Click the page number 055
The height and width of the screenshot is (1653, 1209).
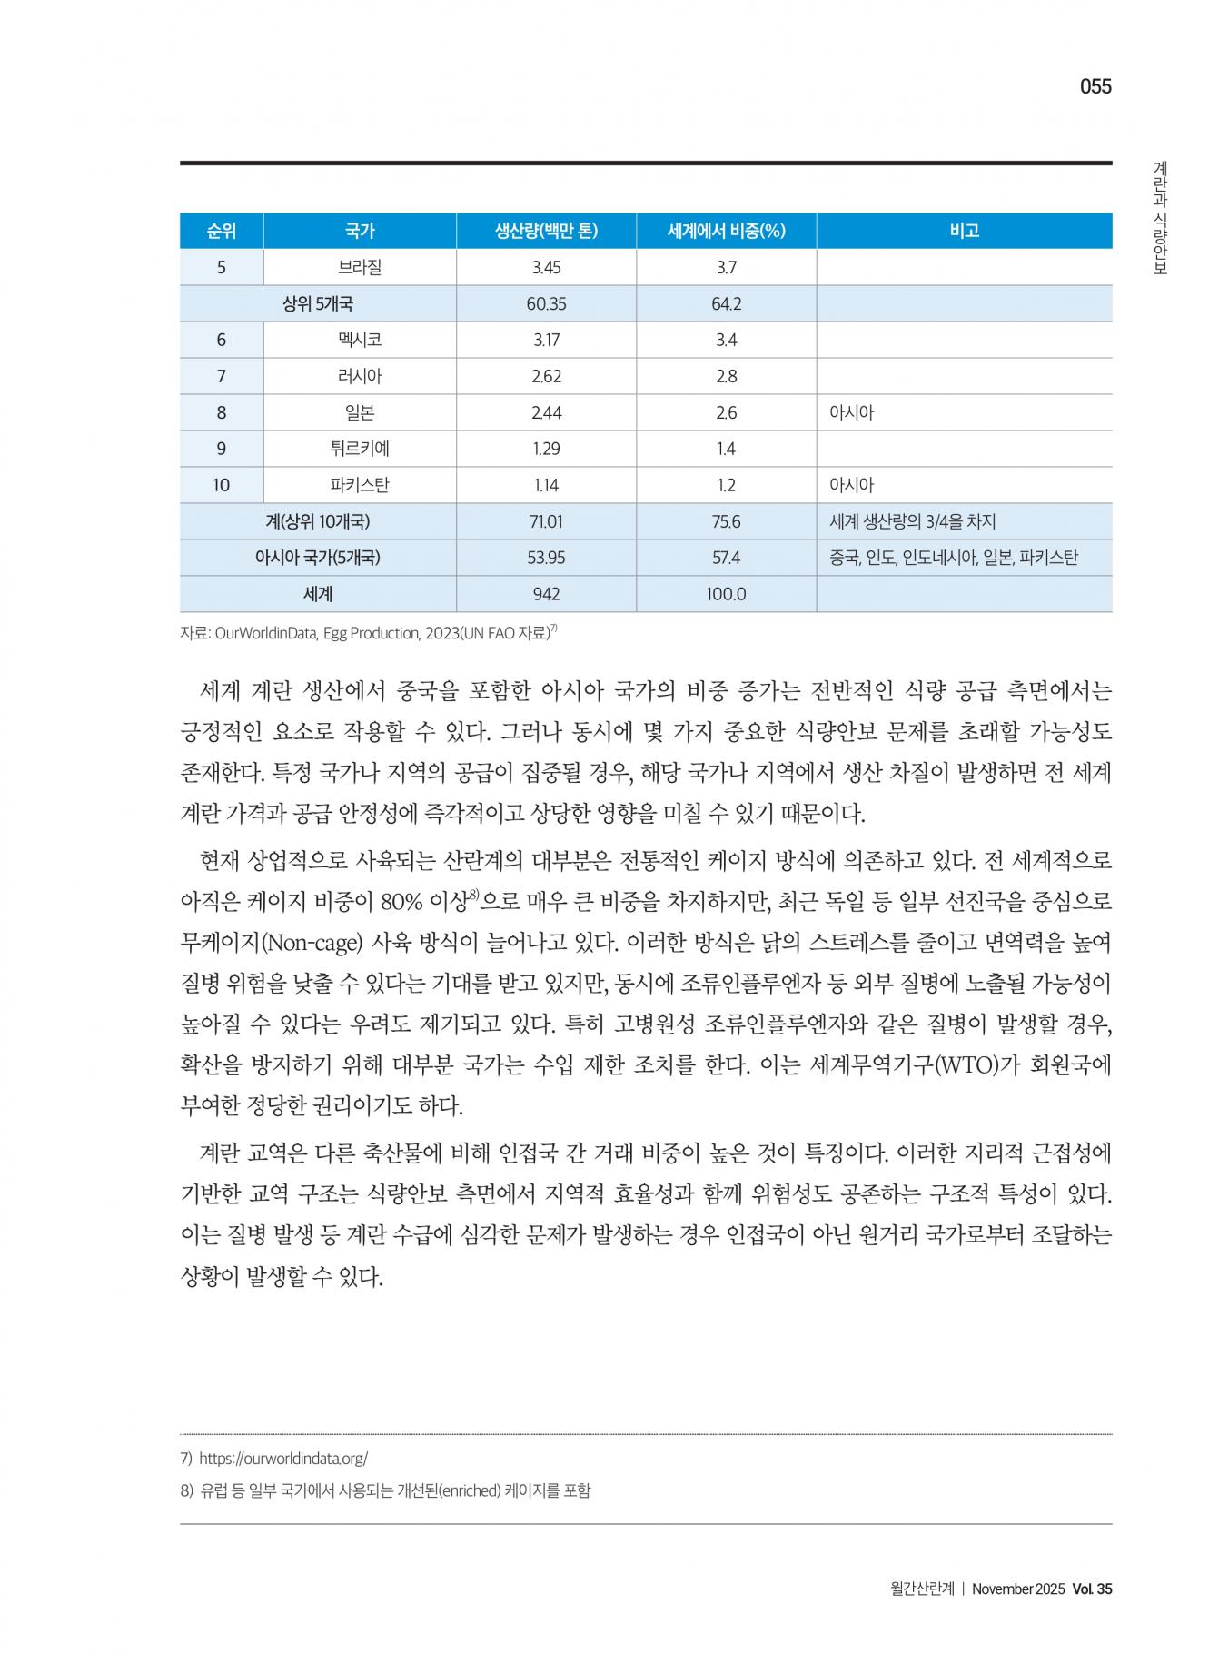click(x=1095, y=87)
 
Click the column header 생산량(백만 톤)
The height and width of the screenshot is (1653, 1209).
click(x=546, y=231)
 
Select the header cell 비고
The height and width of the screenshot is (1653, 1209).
click(x=964, y=231)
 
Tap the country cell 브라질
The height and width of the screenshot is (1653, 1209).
click(x=360, y=267)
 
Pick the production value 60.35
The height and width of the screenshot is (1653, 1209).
click(x=546, y=303)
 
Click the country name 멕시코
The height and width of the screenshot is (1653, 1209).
click(x=360, y=340)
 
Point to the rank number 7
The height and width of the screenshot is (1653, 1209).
click(x=222, y=376)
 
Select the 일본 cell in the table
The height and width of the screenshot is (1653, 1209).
click(x=360, y=412)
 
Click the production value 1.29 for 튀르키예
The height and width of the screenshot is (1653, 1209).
click(x=546, y=449)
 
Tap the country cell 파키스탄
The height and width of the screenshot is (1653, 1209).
click(x=360, y=485)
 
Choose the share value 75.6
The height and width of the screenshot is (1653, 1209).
click(x=726, y=521)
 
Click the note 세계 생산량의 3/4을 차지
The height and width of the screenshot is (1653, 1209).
click(x=912, y=521)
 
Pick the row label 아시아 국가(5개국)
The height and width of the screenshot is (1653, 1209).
click(x=317, y=558)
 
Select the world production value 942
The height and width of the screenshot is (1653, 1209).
click(x=546, y=594)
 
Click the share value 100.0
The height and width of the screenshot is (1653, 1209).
click(x=726, y=594)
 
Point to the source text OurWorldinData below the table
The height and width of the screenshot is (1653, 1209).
click(x=266, y=634)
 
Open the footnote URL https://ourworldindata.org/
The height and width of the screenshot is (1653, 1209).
click(x=282, y=1459)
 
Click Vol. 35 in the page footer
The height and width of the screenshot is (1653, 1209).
click(x=1092, y=1589)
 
